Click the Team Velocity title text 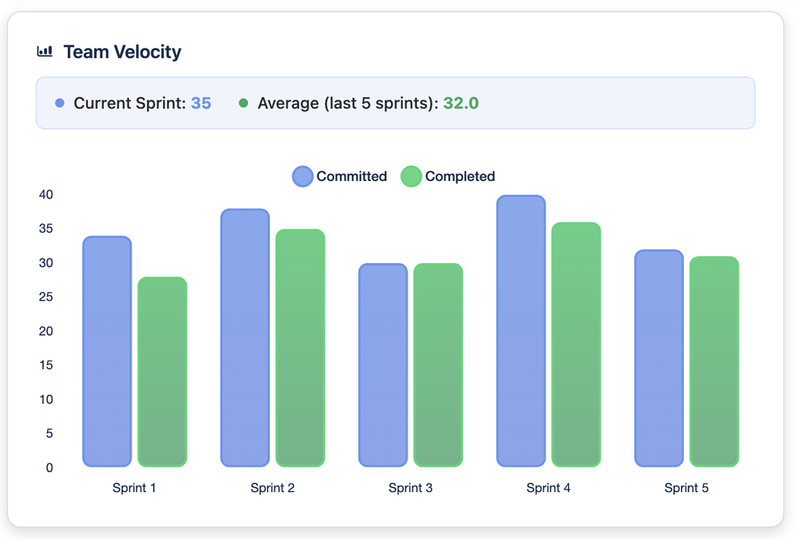122,53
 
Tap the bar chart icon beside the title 45,52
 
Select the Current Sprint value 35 201,103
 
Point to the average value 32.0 461,103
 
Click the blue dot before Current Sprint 59,103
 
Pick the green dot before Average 243,103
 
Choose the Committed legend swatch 303,176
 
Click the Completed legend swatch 411,176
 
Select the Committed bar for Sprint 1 107,351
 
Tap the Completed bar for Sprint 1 162,372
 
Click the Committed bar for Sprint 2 245,337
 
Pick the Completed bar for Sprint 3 438,365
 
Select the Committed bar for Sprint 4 521,330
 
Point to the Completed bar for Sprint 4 576,344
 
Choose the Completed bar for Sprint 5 714,361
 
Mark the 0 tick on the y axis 49,468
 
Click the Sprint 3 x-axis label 410,488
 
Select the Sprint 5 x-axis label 686,488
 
